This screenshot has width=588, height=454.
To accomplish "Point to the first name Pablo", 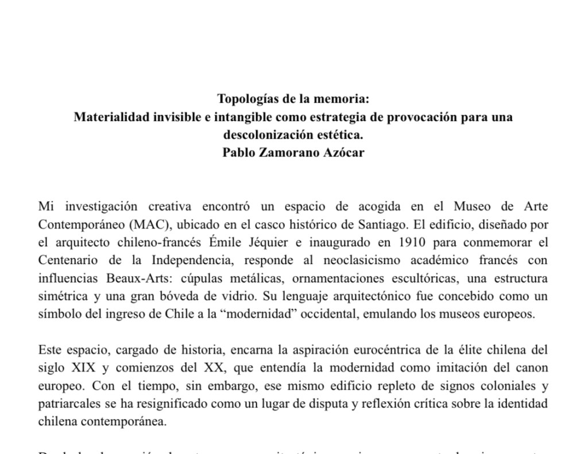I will point(241,153).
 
